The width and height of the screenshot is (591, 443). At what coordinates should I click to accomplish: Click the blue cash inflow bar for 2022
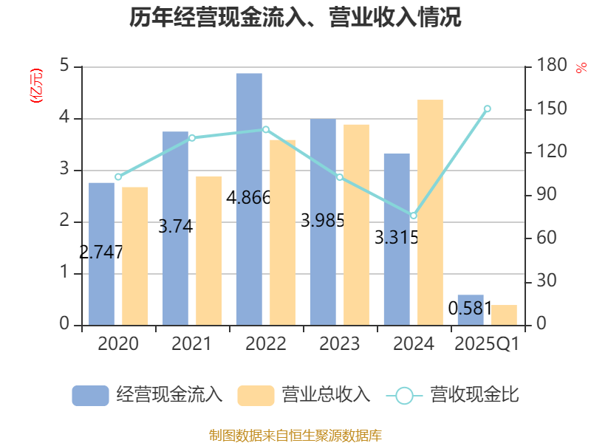coord(249,199)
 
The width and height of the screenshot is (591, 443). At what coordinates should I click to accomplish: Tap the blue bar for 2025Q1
coord(471,310)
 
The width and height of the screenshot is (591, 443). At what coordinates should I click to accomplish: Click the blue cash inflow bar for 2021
coord(175,228)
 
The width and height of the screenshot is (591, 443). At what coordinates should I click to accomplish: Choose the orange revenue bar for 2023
coord(356,224)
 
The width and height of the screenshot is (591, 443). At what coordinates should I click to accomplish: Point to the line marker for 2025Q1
coord(487,109)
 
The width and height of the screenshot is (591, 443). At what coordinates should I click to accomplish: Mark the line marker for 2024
coord(413,216)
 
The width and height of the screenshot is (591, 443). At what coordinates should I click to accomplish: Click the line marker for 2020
coord(118,177)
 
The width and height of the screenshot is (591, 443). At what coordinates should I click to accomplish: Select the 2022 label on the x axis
coord(266,344)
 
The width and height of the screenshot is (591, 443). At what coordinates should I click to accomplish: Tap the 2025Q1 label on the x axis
coord(487,344)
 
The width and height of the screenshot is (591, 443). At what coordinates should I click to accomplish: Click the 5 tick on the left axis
coord(64,66)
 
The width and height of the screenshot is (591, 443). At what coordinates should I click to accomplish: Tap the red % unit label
coord(581,68)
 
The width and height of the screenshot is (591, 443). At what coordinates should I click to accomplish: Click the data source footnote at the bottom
coord(295,435)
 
